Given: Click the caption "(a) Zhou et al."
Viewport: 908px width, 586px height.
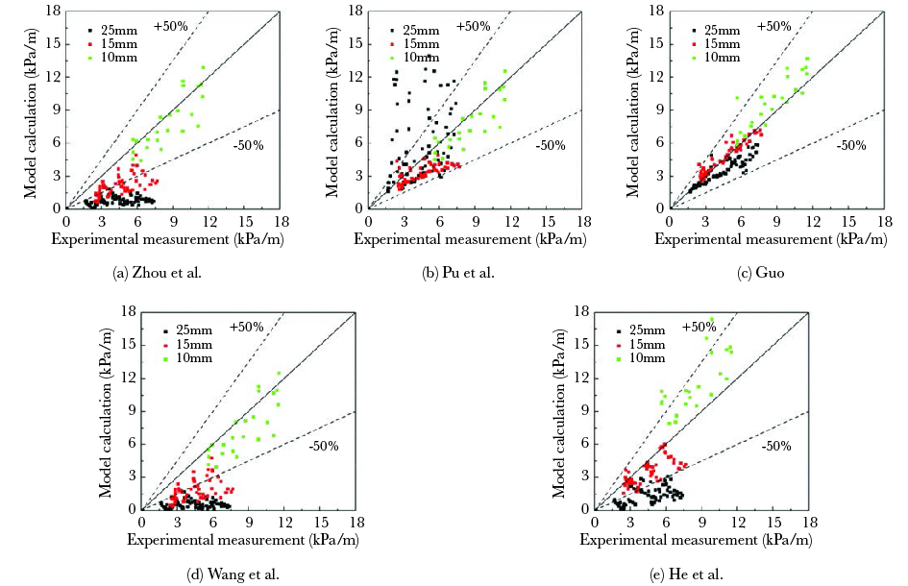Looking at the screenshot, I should (x=159, y=274).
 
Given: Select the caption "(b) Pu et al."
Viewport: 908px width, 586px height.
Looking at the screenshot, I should (x=458, y=274).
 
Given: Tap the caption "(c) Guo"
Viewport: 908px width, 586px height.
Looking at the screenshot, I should (x=761, y=274).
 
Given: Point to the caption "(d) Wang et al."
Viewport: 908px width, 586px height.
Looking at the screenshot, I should (x=233, y=574).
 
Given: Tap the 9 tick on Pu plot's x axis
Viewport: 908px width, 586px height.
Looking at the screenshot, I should (x=475, y=221).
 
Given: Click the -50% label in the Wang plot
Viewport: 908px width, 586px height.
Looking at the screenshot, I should (x=322, y=447).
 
